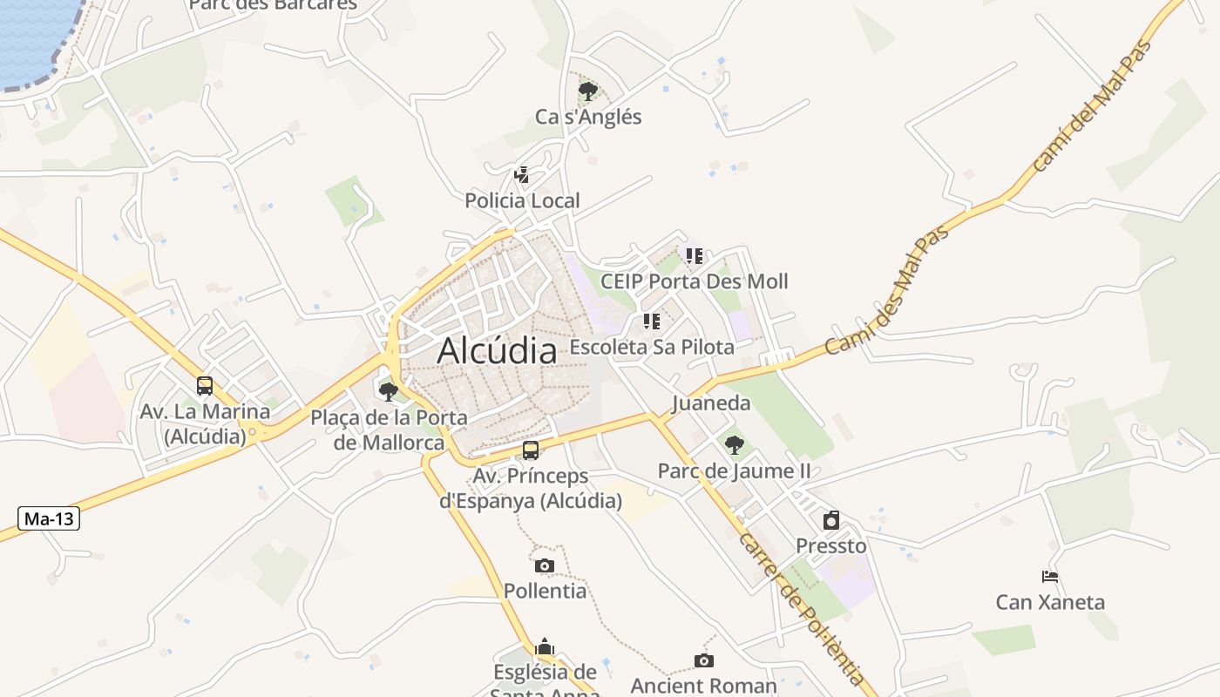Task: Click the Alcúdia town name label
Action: point(497,350)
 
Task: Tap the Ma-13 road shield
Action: point(49,519)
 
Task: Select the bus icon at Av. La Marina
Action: point(205,385)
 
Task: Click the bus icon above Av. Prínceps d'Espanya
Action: point(530,450)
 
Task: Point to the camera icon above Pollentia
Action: point(545,565)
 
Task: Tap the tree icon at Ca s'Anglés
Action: point(588,91)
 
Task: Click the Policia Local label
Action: point(522,200)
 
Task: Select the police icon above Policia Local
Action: point(521,174)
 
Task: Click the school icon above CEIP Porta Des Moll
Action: point(694,255)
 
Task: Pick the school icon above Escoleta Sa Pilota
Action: point(651,321)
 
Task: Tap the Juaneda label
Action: point(711,403)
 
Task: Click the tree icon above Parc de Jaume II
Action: point(734,445)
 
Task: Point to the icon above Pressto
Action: point(831,520)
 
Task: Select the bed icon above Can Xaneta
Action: point(1050,576)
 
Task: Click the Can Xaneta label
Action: point(1050,602)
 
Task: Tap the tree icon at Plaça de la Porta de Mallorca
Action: point(389,391)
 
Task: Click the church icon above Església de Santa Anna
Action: point(545,646)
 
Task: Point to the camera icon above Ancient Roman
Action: point(704,660)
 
